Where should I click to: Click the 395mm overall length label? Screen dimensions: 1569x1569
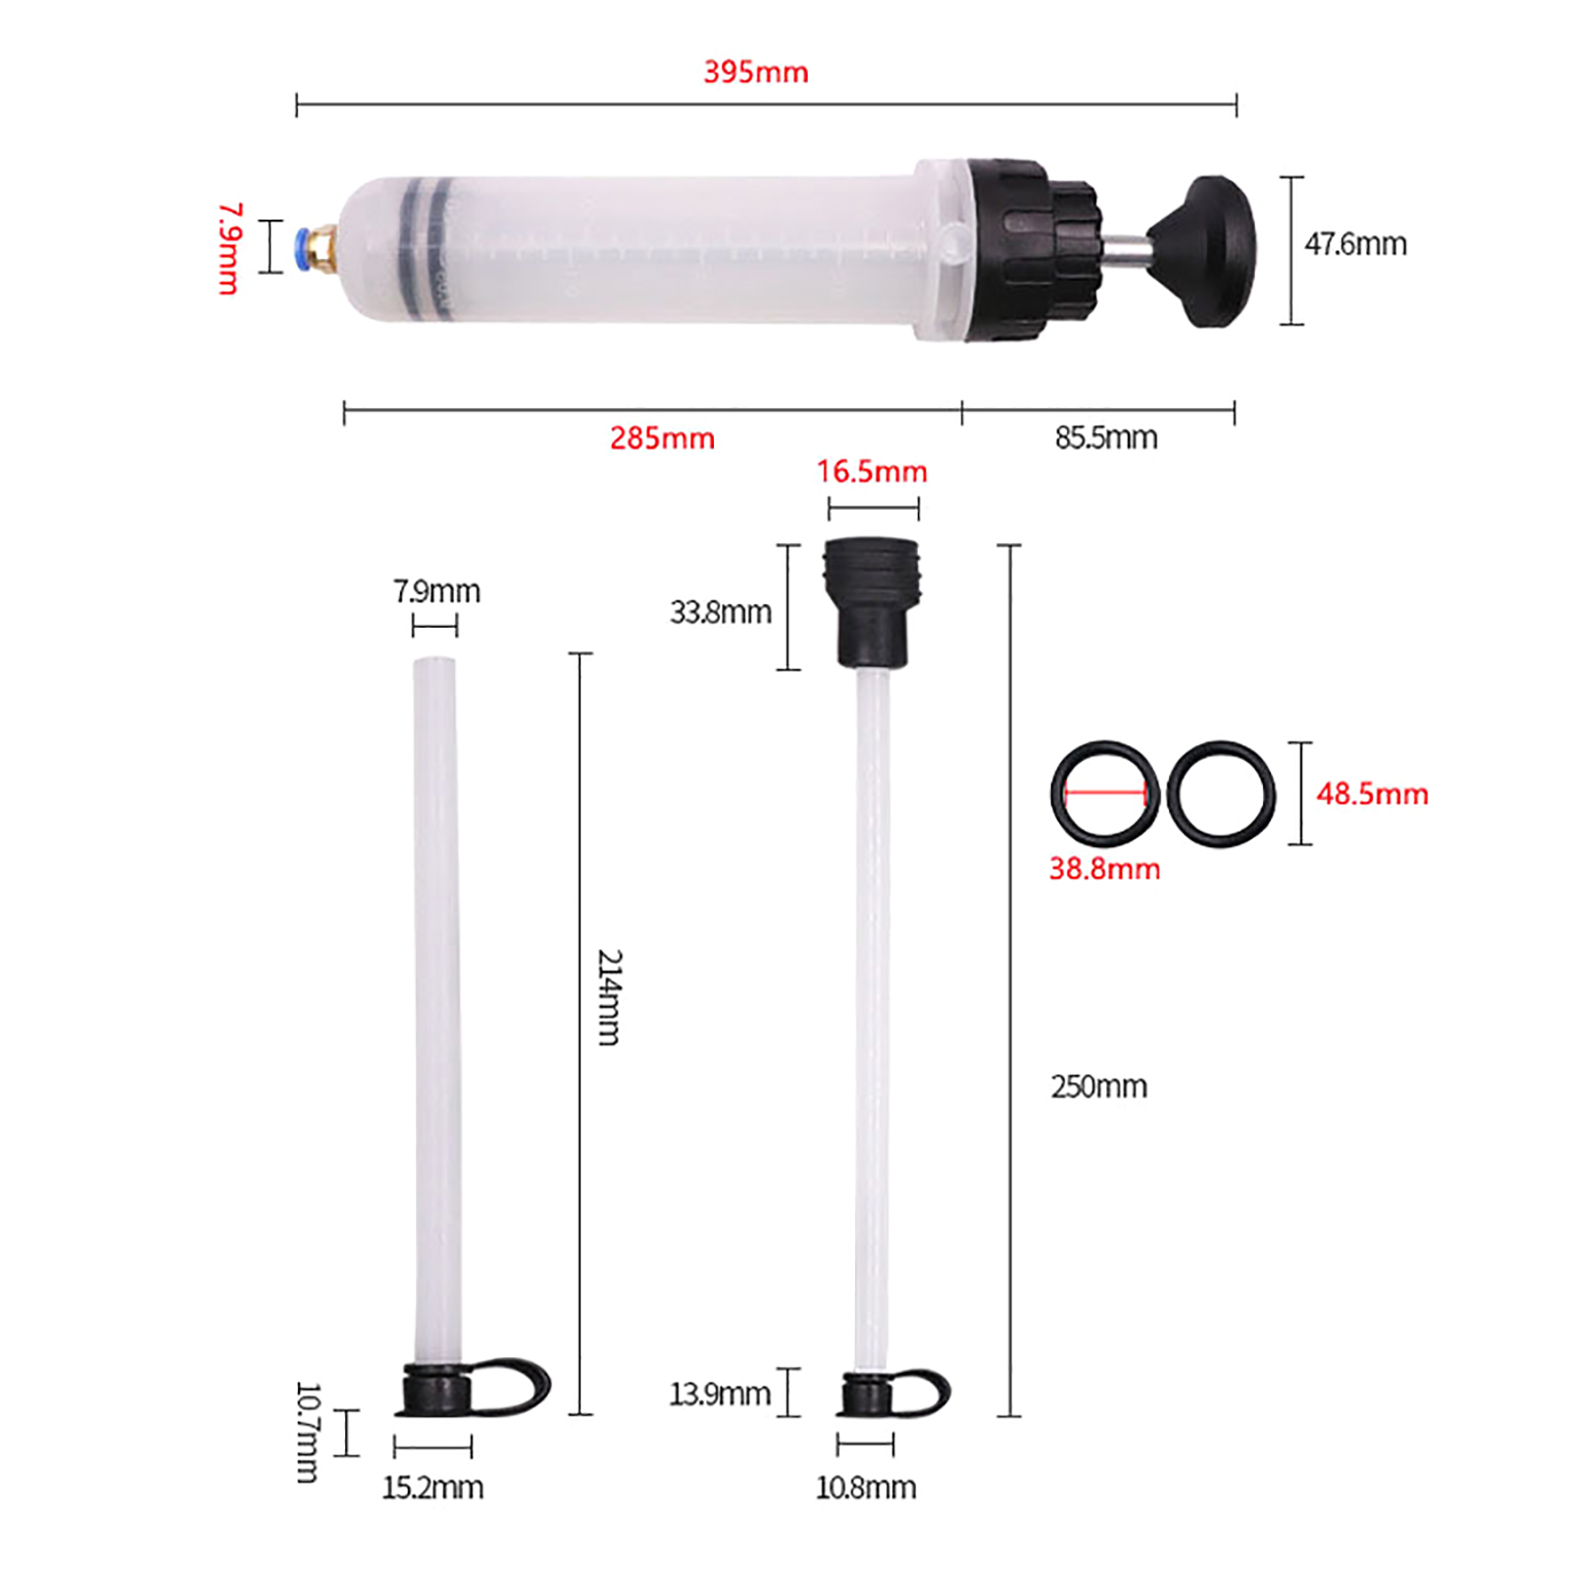point(755,72)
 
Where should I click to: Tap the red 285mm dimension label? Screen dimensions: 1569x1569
point(662,437)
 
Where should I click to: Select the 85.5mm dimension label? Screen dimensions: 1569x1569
point(1106,437)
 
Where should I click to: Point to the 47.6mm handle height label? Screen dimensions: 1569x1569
point(1355,244)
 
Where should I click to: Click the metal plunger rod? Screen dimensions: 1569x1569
point(1125,252)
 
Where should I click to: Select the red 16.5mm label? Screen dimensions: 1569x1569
point(872,472)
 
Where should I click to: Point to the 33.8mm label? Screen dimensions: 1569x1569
point(721,612)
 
